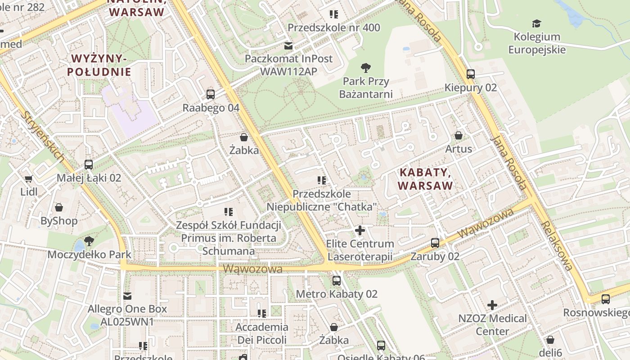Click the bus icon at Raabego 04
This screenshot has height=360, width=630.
210,94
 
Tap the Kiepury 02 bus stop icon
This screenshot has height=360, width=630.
470,74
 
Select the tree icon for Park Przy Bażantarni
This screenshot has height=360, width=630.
365,68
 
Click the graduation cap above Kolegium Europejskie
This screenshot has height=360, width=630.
536,24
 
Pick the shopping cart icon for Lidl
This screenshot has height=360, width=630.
29,179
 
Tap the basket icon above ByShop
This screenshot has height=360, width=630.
59,207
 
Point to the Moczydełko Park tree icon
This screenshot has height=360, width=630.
89,241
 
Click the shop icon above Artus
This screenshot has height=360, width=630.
458,135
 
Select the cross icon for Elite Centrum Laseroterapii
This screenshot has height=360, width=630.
360,230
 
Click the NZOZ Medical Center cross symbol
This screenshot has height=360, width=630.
492,305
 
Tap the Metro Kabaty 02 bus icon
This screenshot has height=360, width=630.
336,281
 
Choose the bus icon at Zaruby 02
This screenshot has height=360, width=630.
435,243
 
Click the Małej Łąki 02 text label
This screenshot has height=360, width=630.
89,178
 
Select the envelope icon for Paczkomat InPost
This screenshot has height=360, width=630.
288,45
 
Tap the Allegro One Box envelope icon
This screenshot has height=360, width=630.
127,296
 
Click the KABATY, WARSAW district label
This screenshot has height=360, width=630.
425,179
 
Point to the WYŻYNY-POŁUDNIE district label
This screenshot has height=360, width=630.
99,65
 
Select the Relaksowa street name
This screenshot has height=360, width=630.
557,245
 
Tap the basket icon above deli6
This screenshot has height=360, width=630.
550,340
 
